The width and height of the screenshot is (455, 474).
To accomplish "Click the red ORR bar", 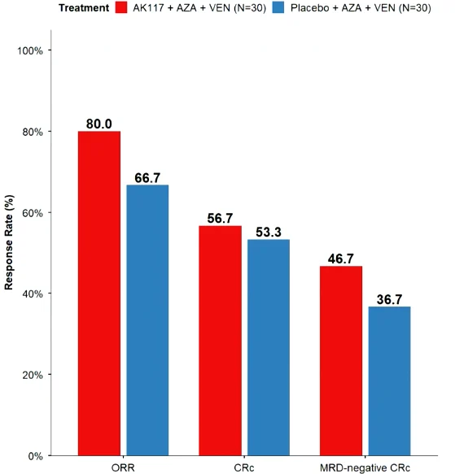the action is pyautogui.click(x=99, y=294).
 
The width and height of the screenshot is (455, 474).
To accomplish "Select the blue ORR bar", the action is pyautogui.click(x=147, y=320).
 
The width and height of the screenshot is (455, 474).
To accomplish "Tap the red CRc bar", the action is pyautogui.click(x=220, y=341).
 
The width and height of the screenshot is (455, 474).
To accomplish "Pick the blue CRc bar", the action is pyautogui.click(x=269, y=347).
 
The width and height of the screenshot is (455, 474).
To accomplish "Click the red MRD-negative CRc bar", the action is pyautogui.click(x=341, y=361).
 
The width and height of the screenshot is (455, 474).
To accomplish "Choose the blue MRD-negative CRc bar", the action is pyautogui.click(x=389, y=381).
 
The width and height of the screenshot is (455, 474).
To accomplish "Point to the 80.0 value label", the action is pyautogui.click(x=99, y=124).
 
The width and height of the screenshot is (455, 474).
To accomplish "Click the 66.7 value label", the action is pyautogui.click(x=147, y=178).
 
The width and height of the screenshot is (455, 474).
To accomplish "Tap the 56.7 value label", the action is pyautogui.click(x=220, y=218).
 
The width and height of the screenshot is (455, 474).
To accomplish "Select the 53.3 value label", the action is pyautogui.click(x=269, y=232).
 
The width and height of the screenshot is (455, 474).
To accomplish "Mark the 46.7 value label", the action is pyautogui.click(x=341, y=259).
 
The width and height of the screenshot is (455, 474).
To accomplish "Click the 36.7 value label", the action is pyautogui.click(x=389, y=299).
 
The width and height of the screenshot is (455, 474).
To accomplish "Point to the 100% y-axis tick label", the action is pyautogui.click(x=29, y=50).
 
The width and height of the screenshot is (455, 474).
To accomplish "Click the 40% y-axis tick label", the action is pyautogui.click(x=33, y=294).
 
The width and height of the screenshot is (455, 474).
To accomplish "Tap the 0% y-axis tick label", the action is pyautogui.click(x=36, y=456).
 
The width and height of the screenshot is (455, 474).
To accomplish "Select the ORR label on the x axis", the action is pyautogui.click(x=123, y=467).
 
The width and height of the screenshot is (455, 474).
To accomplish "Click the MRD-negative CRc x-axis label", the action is pyautogui.click(x=365, y=467).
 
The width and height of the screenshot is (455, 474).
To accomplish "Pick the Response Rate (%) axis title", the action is pyautogui.click(x=9, y=242).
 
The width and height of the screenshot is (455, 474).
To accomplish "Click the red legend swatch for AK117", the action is pyautogui.click(x=121, y=7).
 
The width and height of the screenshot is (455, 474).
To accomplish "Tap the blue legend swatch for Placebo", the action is pyautogui.click(x=278, y=7).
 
